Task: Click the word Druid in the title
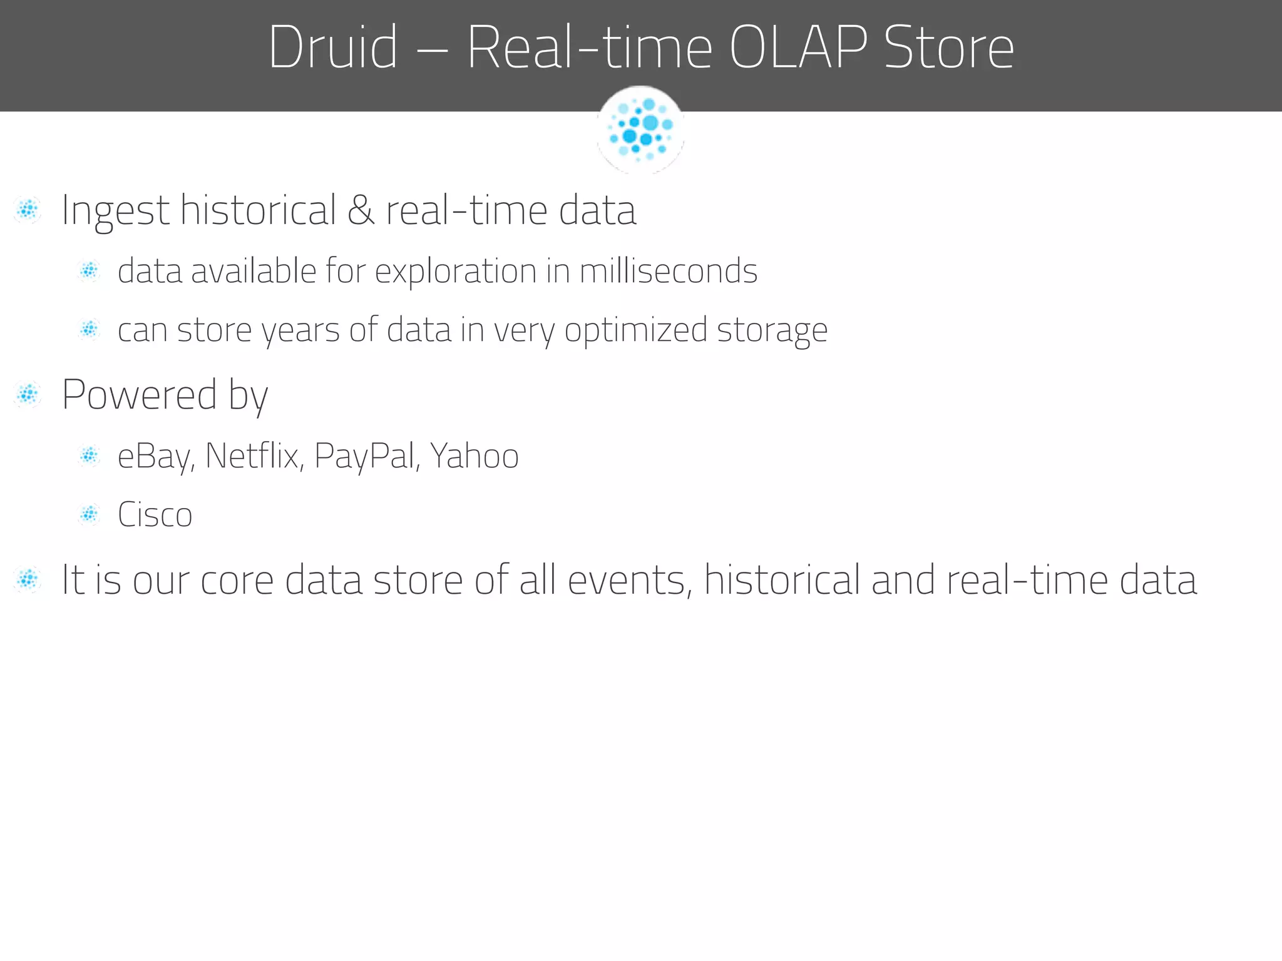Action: tap(332, 47)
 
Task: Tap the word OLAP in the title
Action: tap(798, 47)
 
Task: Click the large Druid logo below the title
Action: tap(640, 130)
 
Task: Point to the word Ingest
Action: tap(116, 211)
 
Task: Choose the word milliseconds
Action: tap(669, 271)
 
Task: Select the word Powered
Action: tap(140, 395)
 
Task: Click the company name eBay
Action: tap(154, 456)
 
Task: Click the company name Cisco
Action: tap(155, 515)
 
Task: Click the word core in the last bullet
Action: tap(237, 580)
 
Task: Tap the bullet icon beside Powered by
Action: tap(28, 395)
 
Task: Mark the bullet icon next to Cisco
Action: tap(89, 515)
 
